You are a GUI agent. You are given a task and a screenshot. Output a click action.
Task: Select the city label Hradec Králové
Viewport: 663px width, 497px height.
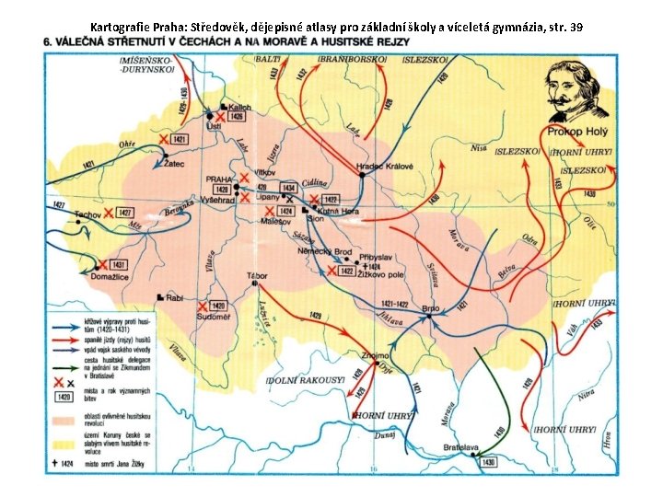click(385, 167)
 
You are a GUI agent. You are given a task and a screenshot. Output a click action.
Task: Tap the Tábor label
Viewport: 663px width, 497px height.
click(256, 275)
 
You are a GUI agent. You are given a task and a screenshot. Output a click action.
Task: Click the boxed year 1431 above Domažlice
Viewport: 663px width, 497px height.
click(117, 264)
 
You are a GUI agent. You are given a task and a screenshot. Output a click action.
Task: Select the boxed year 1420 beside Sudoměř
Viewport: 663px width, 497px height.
click(217, 306)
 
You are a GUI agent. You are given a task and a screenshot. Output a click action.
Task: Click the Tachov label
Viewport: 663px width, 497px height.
click(87, 214)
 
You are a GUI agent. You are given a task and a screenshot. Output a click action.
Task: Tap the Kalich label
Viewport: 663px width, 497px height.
click(239, 107)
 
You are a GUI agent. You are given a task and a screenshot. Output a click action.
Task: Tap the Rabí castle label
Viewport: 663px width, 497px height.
click(174, 298)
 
